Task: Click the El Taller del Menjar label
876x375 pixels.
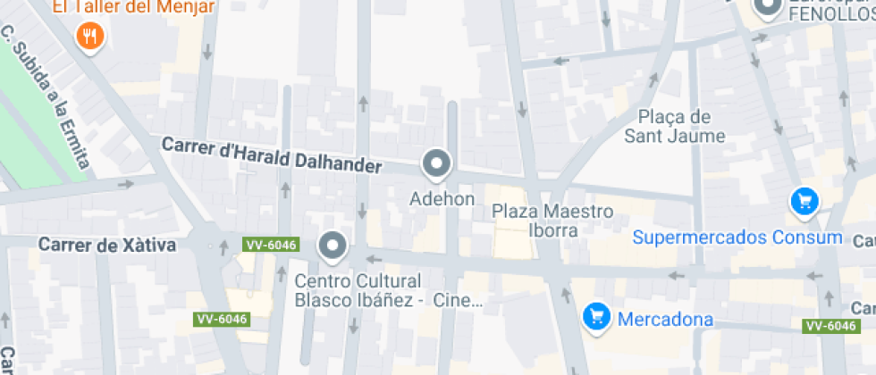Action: click(x=133, y=7)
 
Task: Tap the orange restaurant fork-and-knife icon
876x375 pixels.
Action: click(x=91, y=37)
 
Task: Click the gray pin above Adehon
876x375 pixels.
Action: click(x=437, y=163)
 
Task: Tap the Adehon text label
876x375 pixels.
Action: click(x=442, y=199)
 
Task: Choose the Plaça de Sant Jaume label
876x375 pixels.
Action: click(x=675, y=127)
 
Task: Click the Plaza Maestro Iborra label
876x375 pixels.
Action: click(x=553, y=221)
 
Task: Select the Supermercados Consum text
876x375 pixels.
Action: click(x=737, y=237)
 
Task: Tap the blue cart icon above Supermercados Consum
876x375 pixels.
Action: click(x=804, y=201)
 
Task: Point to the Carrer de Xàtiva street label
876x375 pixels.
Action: click(x=108, y=244)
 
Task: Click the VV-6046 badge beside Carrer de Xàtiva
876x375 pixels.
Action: click(x=270, y=245)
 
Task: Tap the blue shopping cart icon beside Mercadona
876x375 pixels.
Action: click(x=596, y=316)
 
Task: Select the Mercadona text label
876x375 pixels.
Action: click(x=666, y=319)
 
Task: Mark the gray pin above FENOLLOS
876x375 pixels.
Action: click(x=767, y=7)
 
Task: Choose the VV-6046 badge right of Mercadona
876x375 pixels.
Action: click(x=830, y=326)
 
